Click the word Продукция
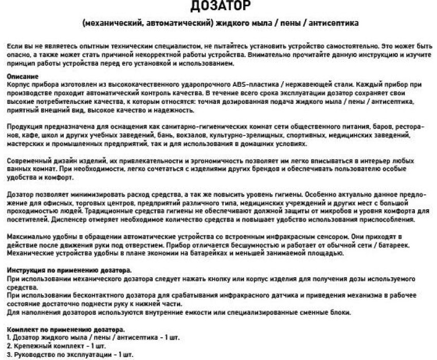[x=24, y=127]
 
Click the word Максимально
[x=28, y=237]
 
